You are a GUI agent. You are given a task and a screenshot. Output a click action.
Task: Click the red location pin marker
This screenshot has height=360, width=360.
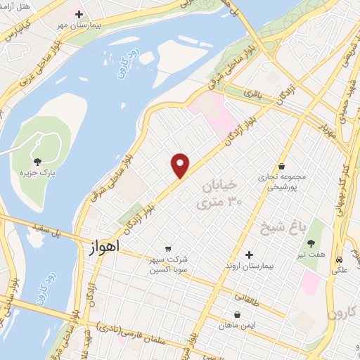pyautogui.click(x=181, y=165)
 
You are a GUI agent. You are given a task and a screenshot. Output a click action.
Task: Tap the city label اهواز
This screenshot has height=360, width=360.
pyautogui.click(x=105, y=247)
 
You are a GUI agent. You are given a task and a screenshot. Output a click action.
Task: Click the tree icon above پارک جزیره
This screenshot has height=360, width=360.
pyautogui.click(x=37, y=161)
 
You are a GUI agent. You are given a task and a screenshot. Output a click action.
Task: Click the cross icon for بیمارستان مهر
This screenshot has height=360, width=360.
pyautogui.click(x=79, y=13)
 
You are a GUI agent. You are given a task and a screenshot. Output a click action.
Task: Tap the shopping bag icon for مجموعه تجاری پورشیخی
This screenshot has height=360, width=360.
pyautogui.click(x=282, y=167)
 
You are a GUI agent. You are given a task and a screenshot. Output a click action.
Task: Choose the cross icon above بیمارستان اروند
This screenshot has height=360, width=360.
pyautogui.click(x=249, y=255)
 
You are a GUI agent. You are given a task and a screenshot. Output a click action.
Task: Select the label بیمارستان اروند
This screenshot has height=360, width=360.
pyautogui.click(x=248, y=268)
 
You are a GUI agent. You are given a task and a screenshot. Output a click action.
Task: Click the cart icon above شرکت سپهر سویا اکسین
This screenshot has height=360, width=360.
pyautogui.click(x=168, y=248)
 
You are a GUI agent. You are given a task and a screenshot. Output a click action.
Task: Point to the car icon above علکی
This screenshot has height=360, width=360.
pyautogui.click(x=339, y=258)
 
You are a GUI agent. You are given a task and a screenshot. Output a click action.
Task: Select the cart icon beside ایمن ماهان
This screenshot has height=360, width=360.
pyautogui.click(x=236, y=314)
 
